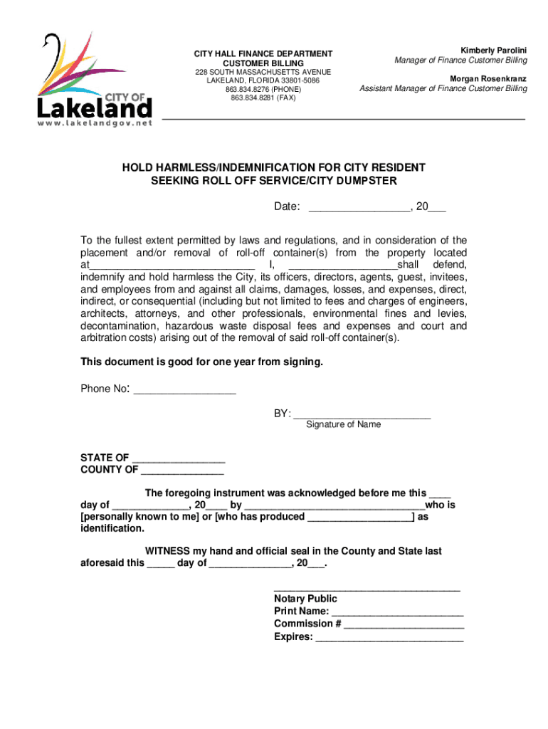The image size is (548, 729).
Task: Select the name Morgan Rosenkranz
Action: (488, 78)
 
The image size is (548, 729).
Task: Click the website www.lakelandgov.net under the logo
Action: (94, 123)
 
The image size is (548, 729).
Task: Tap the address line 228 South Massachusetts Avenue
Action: (263, 73)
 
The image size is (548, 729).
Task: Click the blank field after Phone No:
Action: (184, 390)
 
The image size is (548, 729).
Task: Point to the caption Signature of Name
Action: (343, 425)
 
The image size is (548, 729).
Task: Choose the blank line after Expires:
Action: (389, 638)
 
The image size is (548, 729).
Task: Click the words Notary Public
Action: (305, 599)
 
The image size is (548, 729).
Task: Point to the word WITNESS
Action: (167, 552)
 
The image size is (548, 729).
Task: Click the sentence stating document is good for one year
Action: (201, 362)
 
